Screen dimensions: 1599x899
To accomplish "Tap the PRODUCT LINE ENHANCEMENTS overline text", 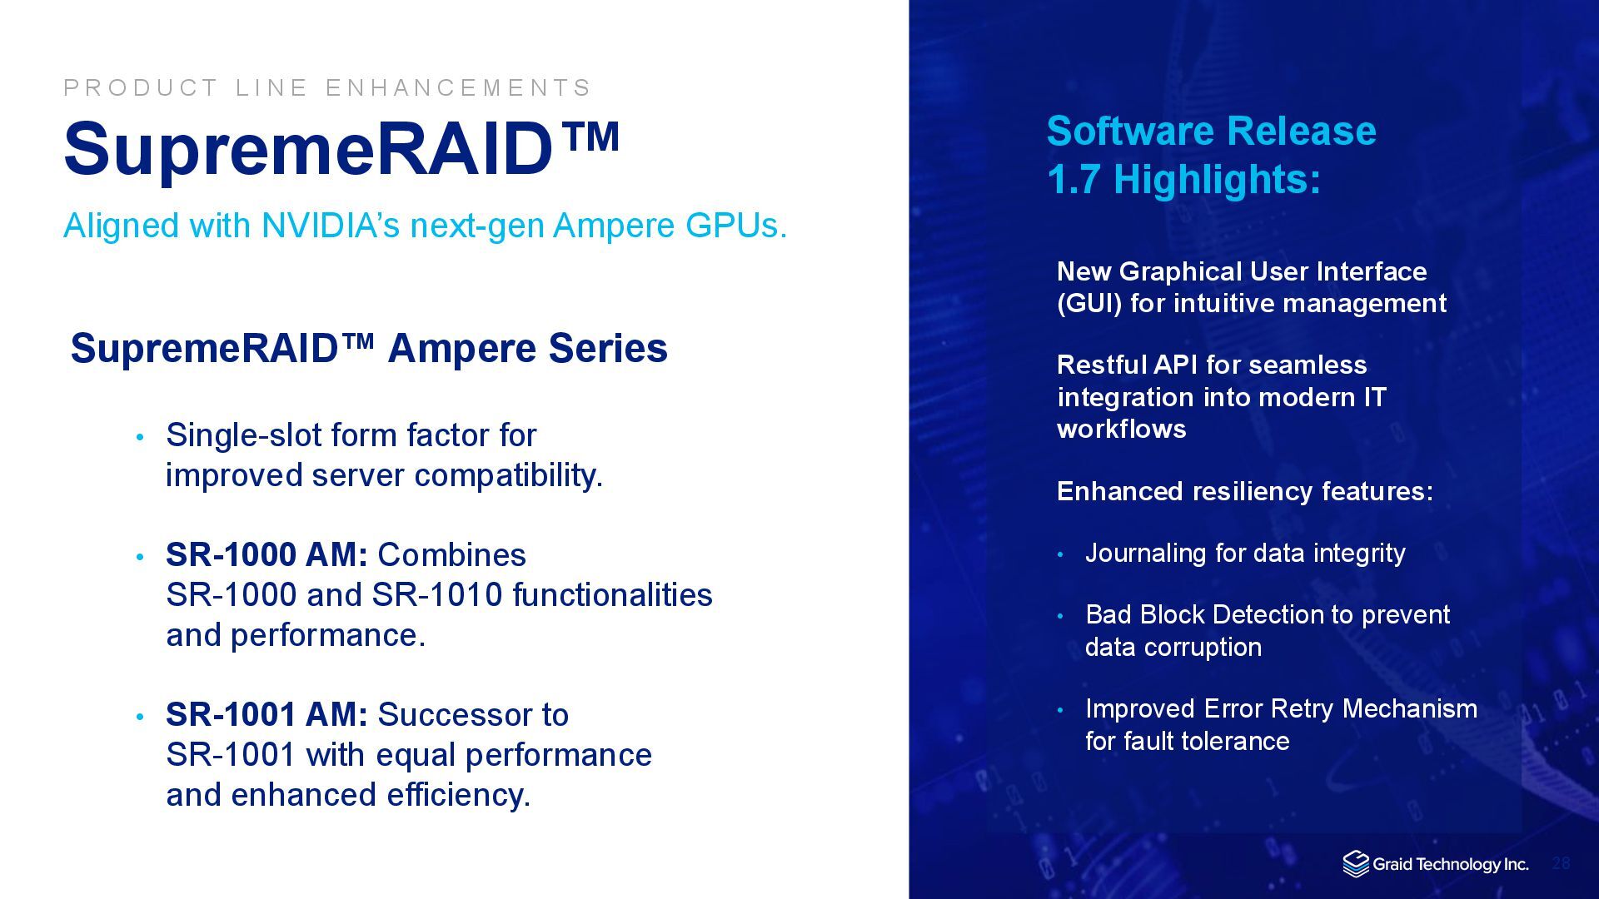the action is click(x=327, y=87).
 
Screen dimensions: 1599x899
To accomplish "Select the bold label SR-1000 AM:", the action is click(x=266, y=554).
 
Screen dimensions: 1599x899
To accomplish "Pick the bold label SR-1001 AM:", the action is click(x=266, y=714).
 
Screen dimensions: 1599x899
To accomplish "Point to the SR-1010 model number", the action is click(x=437, y=594).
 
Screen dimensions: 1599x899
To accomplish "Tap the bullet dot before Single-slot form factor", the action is click(x=140, y=437).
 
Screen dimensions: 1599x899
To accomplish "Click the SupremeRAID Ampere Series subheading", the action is click(x=369, y=348).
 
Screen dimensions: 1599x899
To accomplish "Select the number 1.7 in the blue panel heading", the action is click(x=1074, y=179).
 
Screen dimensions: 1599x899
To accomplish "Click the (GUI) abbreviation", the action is click(x=1090, y=303).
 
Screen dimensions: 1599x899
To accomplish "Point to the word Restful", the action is click(x=1101, y=365).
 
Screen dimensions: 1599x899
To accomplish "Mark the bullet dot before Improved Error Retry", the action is click(x=1060, y=710).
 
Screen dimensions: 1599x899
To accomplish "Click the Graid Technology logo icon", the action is click(x=1356, y=864).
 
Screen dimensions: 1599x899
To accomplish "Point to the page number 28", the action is click(x=1561, y=863).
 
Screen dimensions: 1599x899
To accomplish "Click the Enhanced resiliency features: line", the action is click(x=1245, y=491).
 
